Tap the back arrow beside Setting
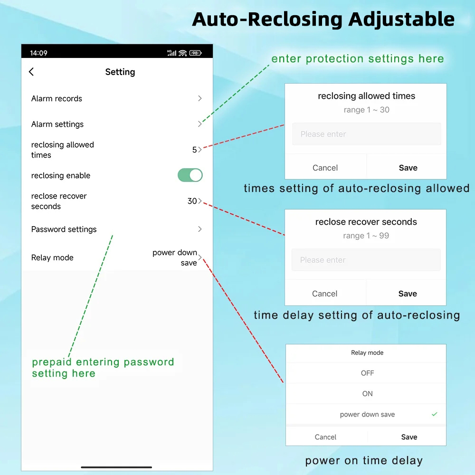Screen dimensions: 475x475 click(x=31, y=72)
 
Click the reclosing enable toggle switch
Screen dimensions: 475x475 click(x=190, y=175)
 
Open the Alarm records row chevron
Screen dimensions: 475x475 click(x=199, y=98)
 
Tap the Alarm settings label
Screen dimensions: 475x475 click(x=57, y=124)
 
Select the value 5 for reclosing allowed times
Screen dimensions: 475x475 click(x=194, y=150)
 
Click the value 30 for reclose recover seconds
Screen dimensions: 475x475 click(x=192, y=201)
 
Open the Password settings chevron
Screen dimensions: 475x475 click(x=199, y=229)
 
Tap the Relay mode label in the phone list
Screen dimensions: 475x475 click(x=52, y=257)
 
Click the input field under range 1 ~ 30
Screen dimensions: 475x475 click(x=367, y=134)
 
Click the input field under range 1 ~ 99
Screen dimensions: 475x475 click(x=366, y=260)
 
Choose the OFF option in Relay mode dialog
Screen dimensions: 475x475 click(x=368, y=373)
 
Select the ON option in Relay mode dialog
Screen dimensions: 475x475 click(x=368, y=393)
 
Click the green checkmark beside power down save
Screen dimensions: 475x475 click(x=435, y=414)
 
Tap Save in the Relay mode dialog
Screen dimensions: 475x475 click(x=409, y=437)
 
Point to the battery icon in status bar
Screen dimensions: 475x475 click(x=195, y=53)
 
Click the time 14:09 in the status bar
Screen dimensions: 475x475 click(x=38, y=53)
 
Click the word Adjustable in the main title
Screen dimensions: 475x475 click(x=401, y=19)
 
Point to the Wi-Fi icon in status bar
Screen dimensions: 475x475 click(x=183, y=53)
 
